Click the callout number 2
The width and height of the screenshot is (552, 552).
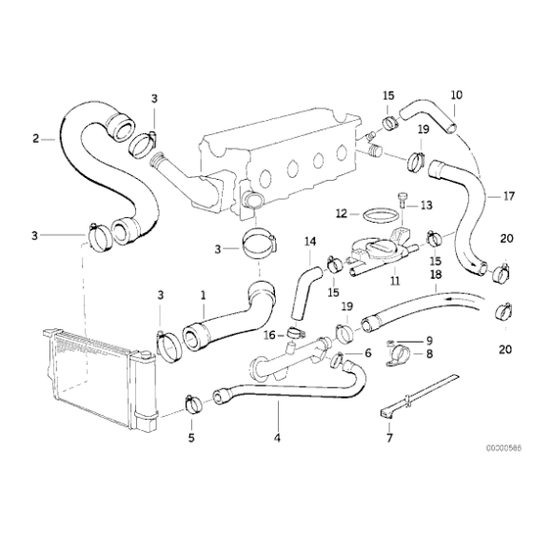point(36,139)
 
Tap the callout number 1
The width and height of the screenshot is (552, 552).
point(202,295)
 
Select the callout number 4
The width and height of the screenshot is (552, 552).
point(277,439)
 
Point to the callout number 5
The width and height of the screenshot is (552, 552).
point(191,439)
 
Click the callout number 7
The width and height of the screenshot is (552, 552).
point(387,440)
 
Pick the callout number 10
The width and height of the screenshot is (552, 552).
point(456,95)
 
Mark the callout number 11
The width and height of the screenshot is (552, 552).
point(392,282)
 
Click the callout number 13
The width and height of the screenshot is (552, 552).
point(425,205)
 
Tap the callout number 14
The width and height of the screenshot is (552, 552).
point(308,243)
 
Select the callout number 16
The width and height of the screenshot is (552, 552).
point(269,335)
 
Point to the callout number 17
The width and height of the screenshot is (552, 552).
point(508,197)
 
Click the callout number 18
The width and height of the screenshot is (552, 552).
point(435,274)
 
